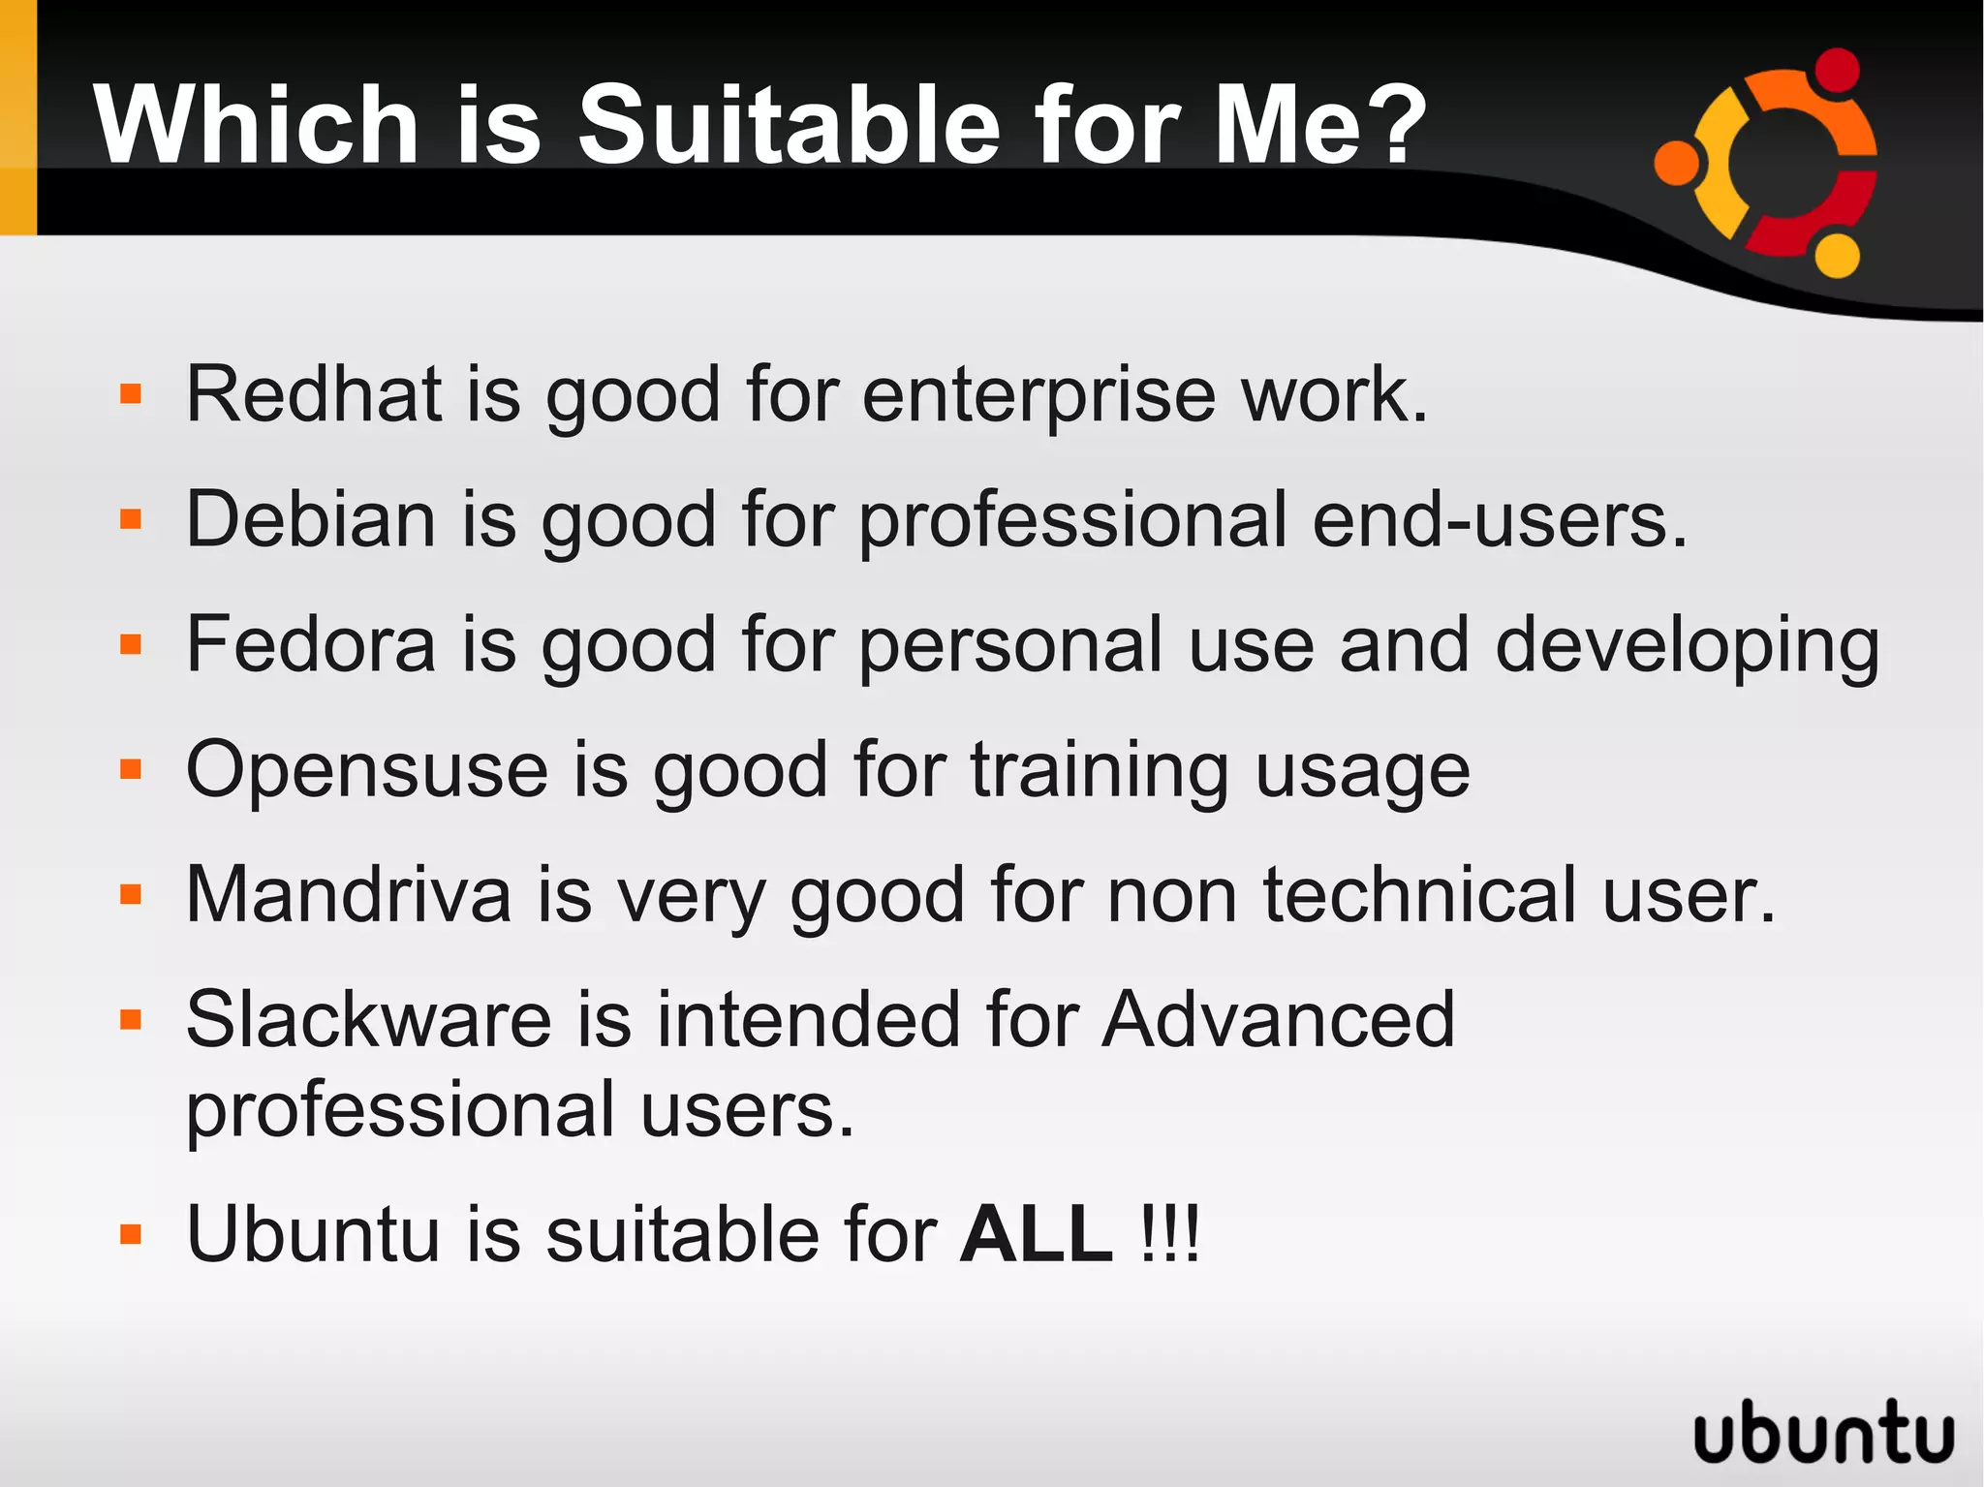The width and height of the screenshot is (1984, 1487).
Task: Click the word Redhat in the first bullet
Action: [313, 394]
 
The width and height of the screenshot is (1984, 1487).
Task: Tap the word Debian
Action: [310, 519]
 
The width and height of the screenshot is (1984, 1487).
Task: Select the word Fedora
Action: [311, 644]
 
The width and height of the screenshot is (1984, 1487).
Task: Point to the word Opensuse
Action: [367, 770]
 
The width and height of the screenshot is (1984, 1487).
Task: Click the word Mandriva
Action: [348, 894]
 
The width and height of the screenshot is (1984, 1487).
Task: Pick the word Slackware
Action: [368, 1019]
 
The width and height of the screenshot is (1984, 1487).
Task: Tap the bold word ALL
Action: [1037, 1234]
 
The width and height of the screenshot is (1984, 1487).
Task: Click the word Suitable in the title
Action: [789, 125]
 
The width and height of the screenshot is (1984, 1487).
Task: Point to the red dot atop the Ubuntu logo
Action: [1837, 71]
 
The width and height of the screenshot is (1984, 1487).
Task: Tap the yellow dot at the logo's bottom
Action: [1837, 256]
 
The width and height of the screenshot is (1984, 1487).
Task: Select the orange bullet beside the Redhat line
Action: [131, 394]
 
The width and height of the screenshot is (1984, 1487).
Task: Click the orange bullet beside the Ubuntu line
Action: [131, 1234]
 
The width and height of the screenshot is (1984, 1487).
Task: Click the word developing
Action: [1687, 646]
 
